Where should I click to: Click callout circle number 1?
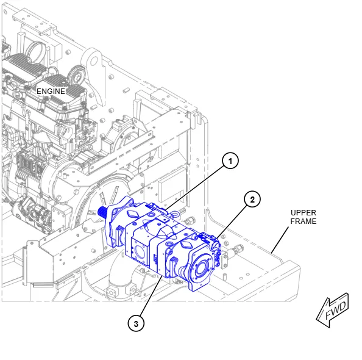pos(230,160)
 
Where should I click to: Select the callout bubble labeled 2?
pos(252,200)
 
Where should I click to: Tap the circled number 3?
pos(136,323)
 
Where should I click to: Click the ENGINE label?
pos(51,92)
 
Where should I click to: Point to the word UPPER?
pos(303,213)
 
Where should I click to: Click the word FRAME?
pos(303,221)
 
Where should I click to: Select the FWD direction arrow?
pos(333,311)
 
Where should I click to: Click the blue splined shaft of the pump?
pos(102,212)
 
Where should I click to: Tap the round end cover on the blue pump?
pos(199,268)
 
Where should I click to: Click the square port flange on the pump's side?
pos(139,251)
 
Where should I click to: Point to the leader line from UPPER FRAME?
pos(280,240)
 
